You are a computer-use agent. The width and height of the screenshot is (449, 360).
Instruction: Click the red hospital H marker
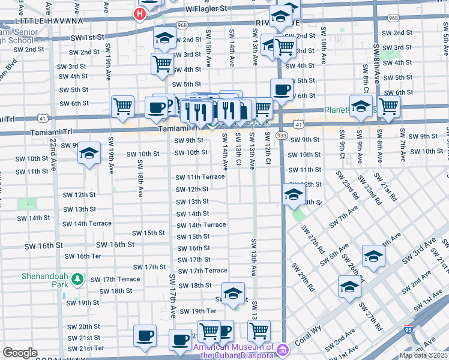point(140,13)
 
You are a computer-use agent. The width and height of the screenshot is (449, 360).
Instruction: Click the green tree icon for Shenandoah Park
point(77,279)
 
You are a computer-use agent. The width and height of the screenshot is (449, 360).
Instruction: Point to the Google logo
point(20,353)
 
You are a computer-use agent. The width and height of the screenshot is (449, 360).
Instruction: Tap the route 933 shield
point(281,136)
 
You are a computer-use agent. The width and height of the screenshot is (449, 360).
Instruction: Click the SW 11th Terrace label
point(200,177)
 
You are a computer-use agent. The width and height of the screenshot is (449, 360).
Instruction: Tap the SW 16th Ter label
point(83,256)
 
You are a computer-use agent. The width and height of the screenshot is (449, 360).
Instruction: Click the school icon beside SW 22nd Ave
point(89,153)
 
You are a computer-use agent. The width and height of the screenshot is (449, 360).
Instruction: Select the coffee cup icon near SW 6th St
point(282,91)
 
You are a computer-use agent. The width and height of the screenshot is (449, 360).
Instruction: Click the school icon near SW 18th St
point(233,293)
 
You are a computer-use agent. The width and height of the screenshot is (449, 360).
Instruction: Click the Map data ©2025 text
point(424,355)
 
